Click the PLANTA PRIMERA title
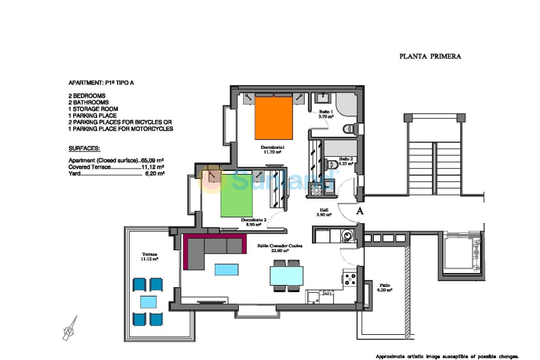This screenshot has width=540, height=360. click(x=430, y=56)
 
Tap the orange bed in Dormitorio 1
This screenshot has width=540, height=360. click(x=274, y=118)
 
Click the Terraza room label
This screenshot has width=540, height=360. click(x=149, y=256)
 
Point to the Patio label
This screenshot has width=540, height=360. click(x=385, y=287)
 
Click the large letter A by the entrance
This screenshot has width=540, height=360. click(x=360, y=211)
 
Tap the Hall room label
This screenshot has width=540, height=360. click(x=322, y=212)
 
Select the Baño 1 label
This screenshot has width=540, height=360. click(x=325, y=114)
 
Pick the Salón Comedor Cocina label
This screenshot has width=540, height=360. click(x=280, y=248)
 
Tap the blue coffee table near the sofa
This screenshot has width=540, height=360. click(x=226, y=269)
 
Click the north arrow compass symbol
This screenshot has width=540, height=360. click(x=71, y=328)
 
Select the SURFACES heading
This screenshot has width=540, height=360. click(x=85, y=148)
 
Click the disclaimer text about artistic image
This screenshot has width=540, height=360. click(x=447, y=356)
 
